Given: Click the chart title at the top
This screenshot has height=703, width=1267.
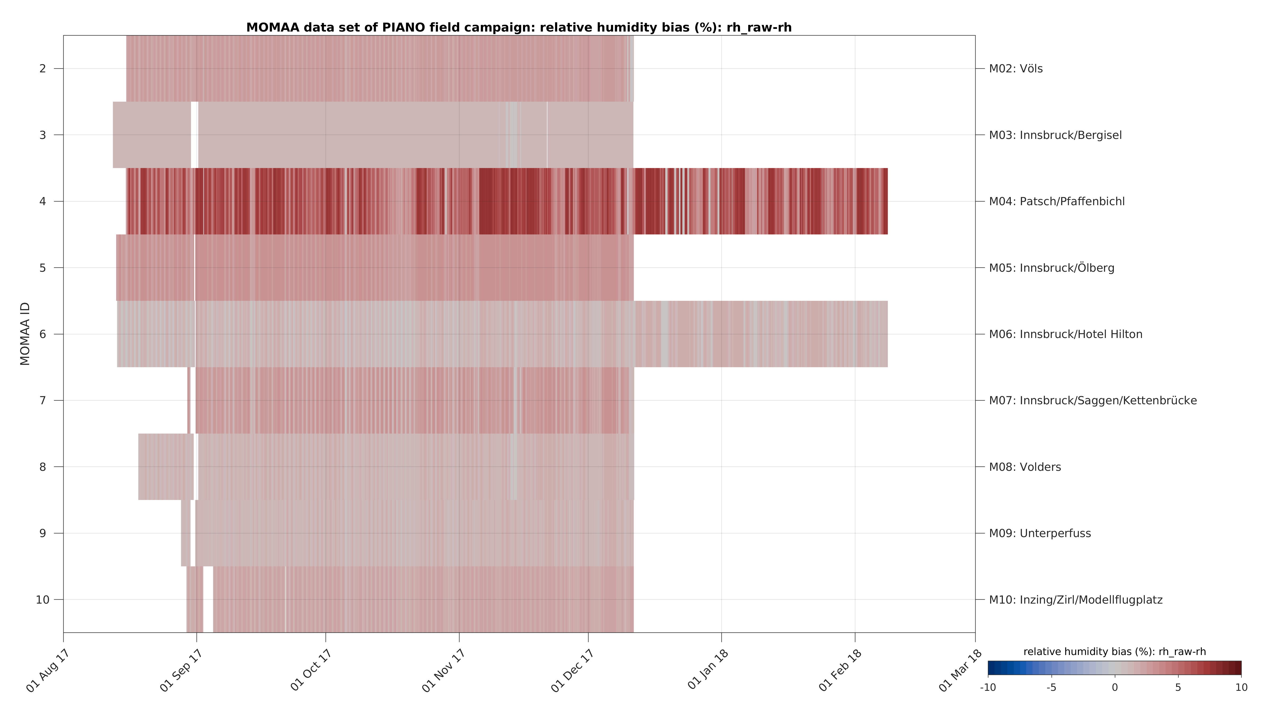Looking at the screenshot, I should (519, 28).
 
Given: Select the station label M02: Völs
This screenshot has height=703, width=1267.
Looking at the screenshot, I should (1016, 69).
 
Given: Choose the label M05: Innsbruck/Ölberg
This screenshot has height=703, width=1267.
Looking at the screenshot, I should (1052, 268).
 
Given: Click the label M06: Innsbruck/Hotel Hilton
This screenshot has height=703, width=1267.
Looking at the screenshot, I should (1065, 335).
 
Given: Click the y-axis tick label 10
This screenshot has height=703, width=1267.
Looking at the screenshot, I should (43, 600).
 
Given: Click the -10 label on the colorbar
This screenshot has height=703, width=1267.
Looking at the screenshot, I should (988, 688).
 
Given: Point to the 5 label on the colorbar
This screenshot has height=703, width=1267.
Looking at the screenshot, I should (1178, 688).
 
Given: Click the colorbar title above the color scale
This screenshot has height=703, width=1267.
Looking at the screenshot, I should (1115, 652).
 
